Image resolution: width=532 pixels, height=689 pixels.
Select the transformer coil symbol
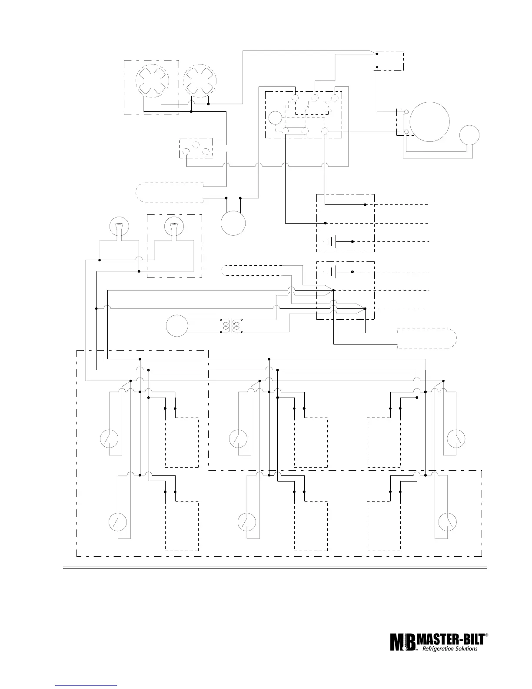[231, 326]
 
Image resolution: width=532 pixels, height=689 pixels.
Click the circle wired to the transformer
[177, 326]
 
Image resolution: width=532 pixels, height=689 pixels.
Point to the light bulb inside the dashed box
[174, 229]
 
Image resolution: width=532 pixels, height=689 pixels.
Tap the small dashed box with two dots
[389, 60]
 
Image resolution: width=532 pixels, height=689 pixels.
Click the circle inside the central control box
[275, 117]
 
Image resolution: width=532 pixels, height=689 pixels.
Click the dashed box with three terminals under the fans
[196, 148]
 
